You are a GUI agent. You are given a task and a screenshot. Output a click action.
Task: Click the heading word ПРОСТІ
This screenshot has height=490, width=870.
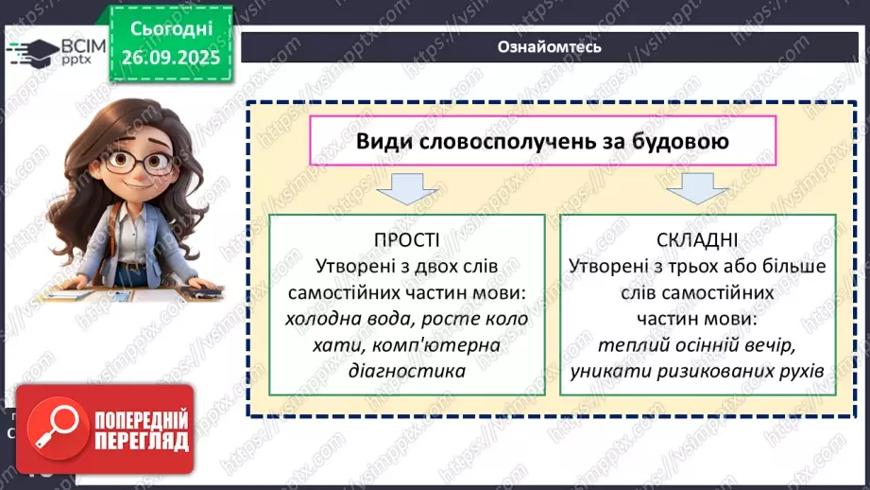coord(406,240)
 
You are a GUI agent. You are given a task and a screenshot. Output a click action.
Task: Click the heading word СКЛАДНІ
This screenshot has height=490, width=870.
coord(697,240)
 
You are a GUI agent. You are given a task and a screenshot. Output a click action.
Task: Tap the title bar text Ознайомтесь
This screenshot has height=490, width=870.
coord(549,46)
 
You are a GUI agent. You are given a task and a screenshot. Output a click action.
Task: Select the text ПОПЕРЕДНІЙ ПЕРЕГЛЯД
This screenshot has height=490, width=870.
coord(141,429)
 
